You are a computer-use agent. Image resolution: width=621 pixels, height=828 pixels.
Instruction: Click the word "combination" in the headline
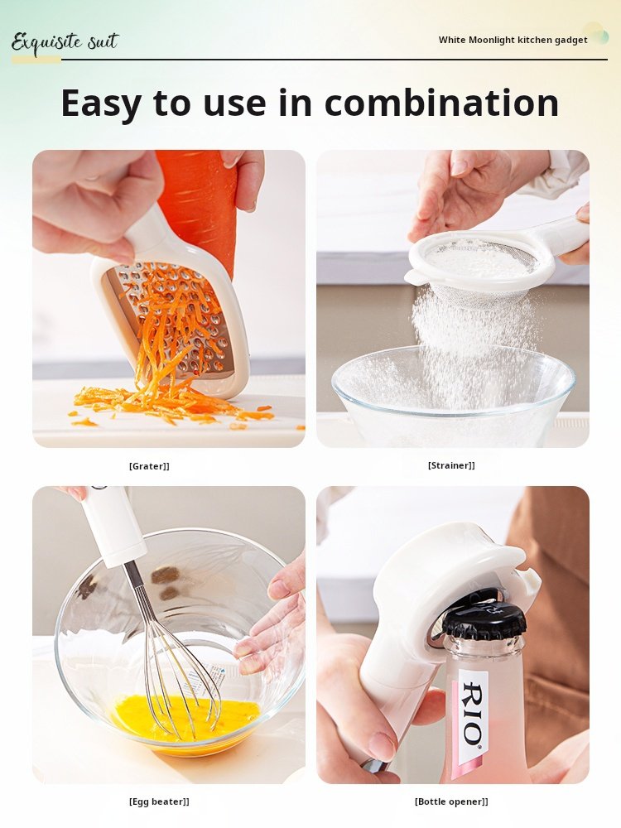441,103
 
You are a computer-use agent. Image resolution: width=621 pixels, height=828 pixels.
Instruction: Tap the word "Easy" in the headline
101,104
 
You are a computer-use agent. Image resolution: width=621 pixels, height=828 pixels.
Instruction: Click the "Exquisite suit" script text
65,42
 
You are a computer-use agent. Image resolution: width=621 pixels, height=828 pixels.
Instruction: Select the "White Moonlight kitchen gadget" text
513,40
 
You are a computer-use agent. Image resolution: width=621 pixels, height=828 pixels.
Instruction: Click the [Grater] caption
149,465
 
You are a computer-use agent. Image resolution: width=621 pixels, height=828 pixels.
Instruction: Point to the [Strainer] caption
451,465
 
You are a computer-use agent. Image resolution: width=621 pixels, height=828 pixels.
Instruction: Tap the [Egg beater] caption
159,802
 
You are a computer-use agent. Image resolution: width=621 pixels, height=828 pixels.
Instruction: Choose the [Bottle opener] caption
451,802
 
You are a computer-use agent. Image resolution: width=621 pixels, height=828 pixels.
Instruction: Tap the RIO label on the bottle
473,713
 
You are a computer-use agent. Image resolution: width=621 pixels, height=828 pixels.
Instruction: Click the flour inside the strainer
475,258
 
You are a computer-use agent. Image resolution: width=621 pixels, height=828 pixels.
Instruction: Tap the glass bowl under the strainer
453,396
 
